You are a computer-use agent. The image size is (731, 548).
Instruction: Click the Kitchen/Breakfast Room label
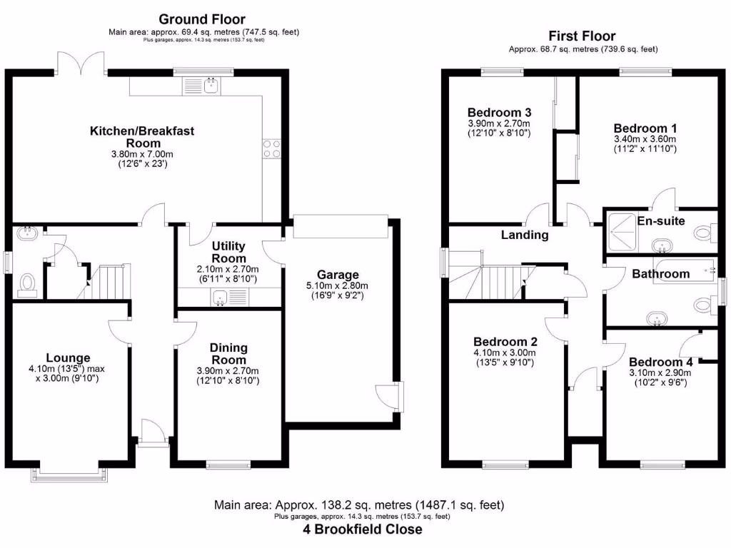coord(141,137)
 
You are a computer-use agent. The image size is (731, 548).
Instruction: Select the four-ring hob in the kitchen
coord(271,148)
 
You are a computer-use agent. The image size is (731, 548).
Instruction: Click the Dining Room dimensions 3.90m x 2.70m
coord(228,371)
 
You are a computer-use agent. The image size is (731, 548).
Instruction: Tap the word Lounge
coord(68,357)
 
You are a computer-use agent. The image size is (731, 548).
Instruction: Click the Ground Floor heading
coord(201,19)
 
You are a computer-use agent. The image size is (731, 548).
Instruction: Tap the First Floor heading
coord(582,36)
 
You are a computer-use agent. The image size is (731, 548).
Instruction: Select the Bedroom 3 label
coord(499,113)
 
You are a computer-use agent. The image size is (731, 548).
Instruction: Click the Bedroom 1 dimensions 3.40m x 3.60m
coord(645,138)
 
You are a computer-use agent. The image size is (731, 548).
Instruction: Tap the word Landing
coord(525,235)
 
